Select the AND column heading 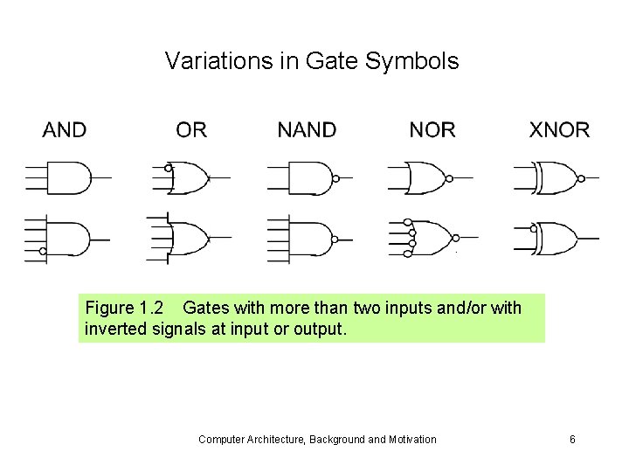tap(65, 130)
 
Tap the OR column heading tap(191, 130)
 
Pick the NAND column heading tap(307, 130)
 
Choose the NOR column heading tap(432, 130)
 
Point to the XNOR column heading tap(559, 130)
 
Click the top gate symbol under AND tap(68, 177)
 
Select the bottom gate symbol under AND tap(68, 237)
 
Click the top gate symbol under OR tap(190, 178)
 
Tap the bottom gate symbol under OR tap(190, 237)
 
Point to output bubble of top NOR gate tap(448, 178)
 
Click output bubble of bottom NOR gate tap(455, 237)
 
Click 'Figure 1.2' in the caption tap(123, 309)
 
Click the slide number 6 tap(572, 439)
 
